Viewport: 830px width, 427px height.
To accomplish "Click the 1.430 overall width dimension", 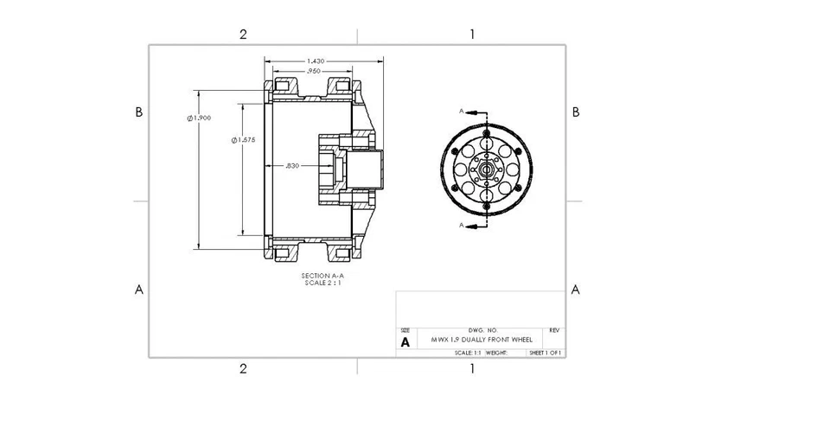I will [x=316, y=61].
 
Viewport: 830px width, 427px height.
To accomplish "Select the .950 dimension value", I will [x=312, y=71].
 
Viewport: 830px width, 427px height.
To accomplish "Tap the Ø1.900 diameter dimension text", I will [x=199, y=118].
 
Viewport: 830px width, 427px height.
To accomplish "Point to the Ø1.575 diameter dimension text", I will [x=243, y=139].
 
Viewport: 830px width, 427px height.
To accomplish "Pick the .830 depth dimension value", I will [x=292, y=165].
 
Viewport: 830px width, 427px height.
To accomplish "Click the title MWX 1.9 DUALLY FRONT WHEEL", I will [x=482, y=340].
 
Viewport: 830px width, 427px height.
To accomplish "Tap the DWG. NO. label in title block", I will [x=482, y=330].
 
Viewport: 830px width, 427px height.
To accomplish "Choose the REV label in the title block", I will [x=554, y=330].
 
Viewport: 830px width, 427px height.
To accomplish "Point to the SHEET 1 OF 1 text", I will [x=546, y=353].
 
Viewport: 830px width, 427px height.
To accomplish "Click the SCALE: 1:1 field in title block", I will [x=468, y=353].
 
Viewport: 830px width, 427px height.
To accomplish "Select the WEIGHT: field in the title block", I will [x=496, y=353].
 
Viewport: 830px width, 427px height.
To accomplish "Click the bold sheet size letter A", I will [x=405, y=341].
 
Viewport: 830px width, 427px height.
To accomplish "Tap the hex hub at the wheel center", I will [x=486, y=169].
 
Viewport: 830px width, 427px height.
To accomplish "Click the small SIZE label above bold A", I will [x=405, y=330].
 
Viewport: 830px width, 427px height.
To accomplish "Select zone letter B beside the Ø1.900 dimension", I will [x=138, y=112].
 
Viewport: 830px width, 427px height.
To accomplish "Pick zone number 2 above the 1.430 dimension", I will [x=243, y=35].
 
